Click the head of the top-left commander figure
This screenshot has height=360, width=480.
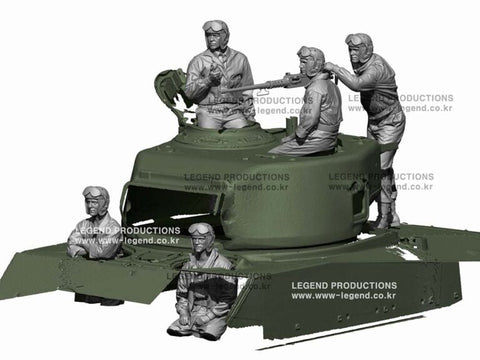point(216,39)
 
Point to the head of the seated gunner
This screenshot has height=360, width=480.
point(311,62)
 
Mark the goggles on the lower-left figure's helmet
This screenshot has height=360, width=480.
point(96,191)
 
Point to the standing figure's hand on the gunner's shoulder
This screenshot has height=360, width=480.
point(335,72)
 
